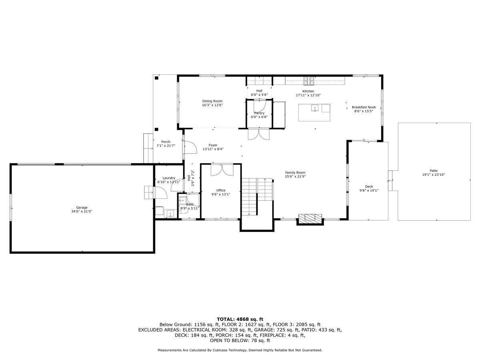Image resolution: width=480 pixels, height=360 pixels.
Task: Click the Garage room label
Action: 82,208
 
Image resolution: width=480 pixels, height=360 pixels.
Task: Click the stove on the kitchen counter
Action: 308,81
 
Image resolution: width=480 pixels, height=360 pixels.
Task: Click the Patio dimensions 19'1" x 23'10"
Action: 434,175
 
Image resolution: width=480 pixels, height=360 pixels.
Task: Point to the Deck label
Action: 369,186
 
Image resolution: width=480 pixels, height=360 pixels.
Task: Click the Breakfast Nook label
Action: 364,107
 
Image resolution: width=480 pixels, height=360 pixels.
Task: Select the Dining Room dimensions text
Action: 212,105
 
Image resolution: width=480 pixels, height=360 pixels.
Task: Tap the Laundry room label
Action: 169,178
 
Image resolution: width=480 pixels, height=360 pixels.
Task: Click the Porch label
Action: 166,142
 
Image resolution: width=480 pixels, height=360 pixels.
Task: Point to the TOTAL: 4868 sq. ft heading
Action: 240,319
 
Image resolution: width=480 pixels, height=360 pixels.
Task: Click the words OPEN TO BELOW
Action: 226,341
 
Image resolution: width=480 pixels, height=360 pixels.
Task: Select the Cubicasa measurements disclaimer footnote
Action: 240,350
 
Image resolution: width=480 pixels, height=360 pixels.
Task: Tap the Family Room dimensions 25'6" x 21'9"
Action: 295,176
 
